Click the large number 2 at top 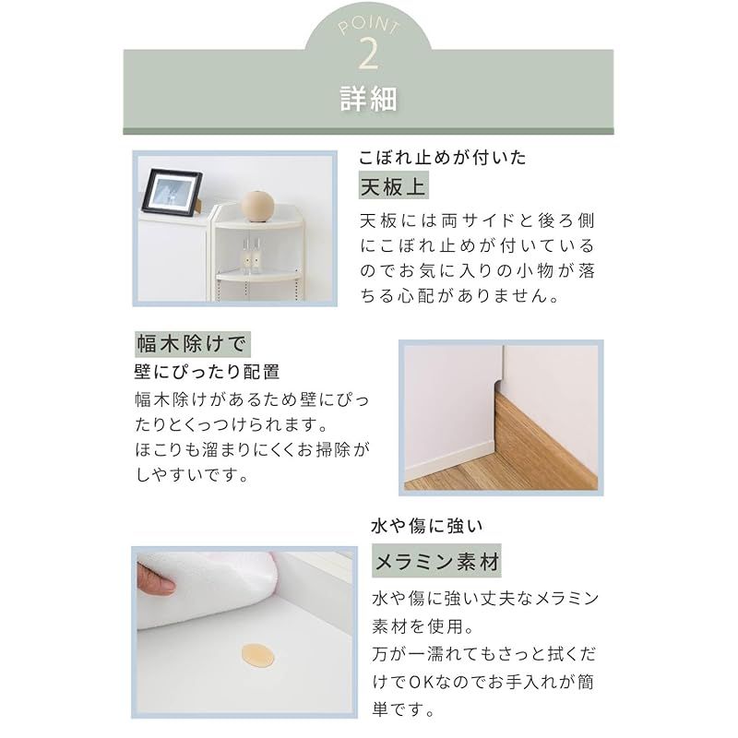coord(368,54)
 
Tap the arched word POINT coord(368,25)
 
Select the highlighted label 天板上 coord(393,187)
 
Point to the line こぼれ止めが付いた coord(443,158)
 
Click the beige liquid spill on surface coord(257,656)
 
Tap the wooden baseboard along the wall coord(544,434)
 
